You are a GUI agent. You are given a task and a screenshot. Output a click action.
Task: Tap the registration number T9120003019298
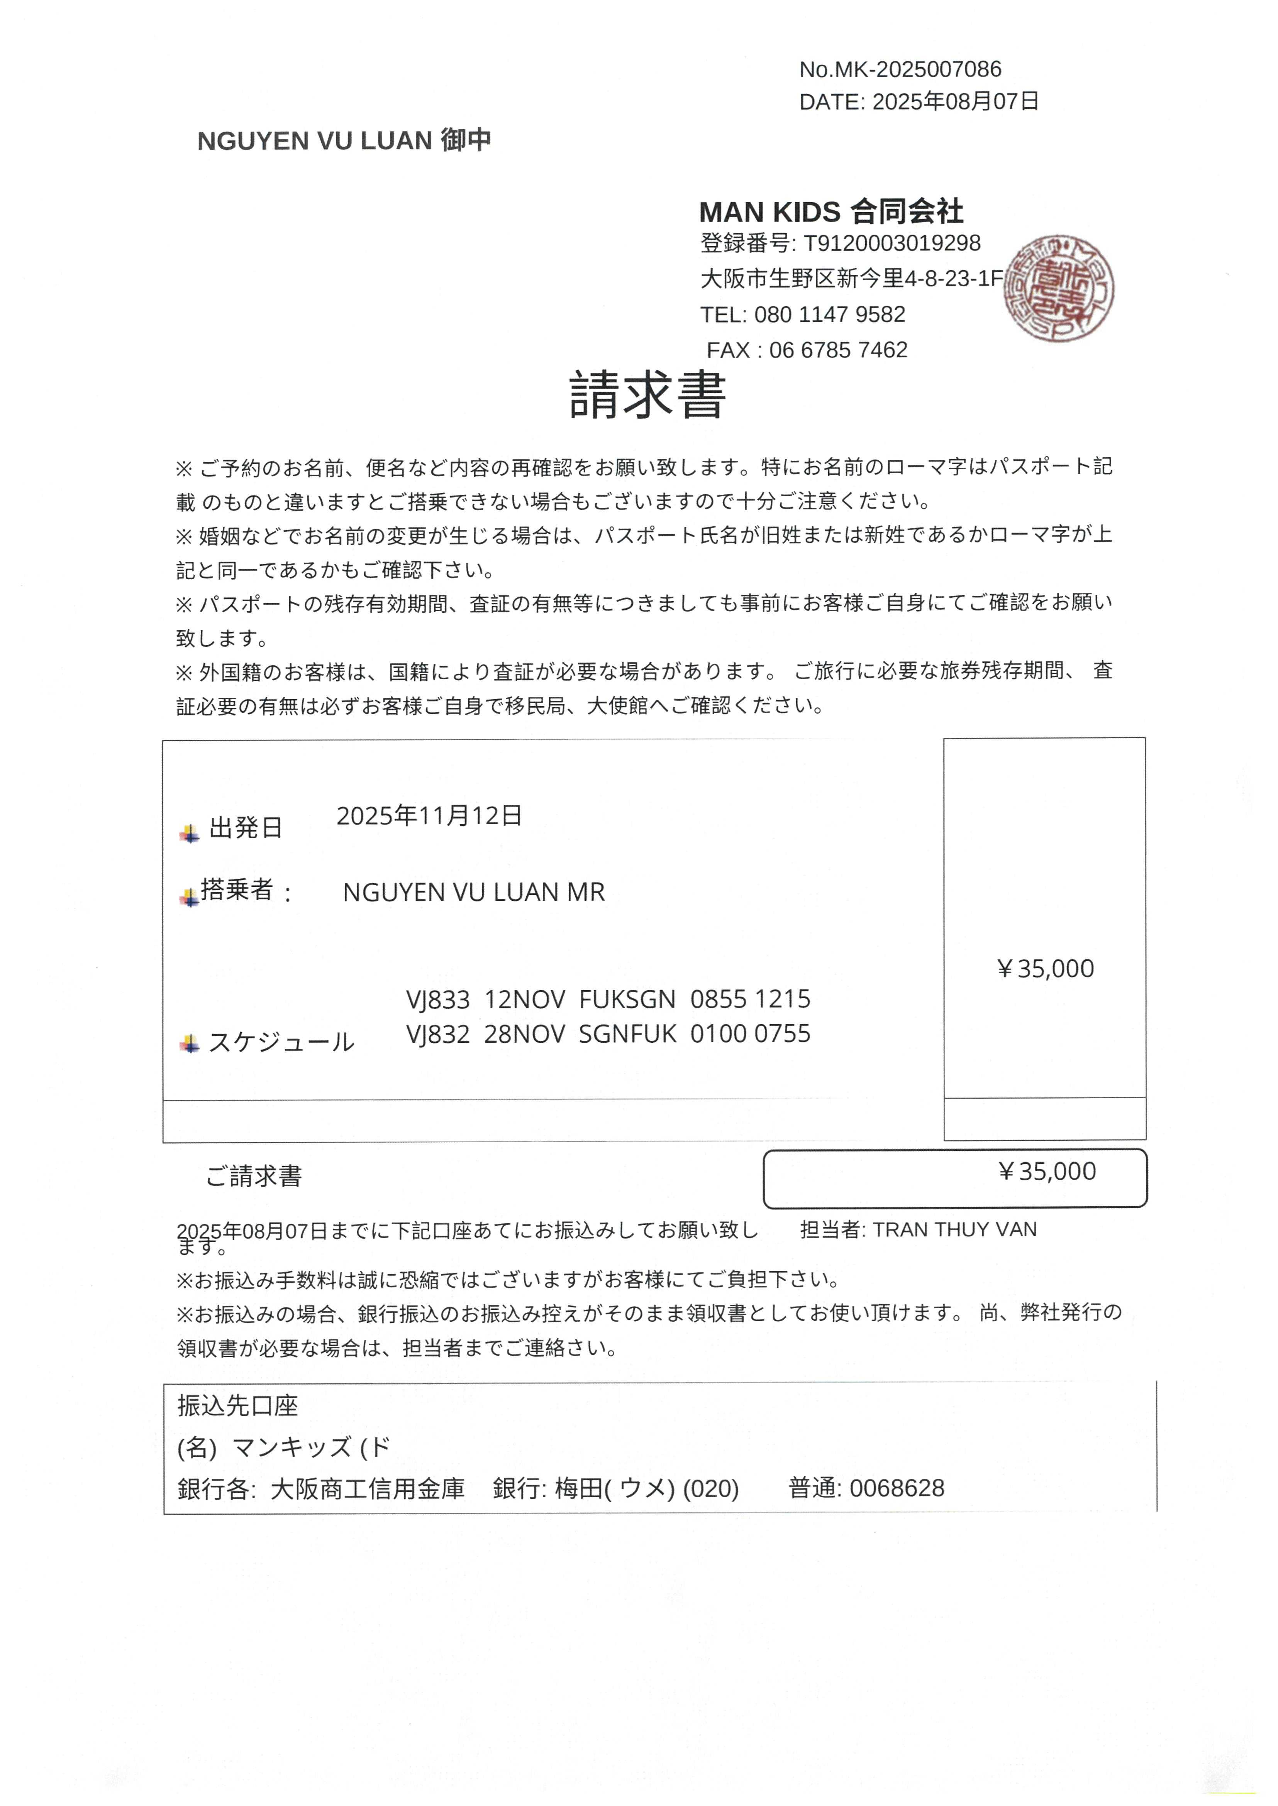click(x=892, y=243)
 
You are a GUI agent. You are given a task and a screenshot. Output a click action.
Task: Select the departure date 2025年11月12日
click(x=429, y=816)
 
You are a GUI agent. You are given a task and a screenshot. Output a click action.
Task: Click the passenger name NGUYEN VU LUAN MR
click(x=474, y=892)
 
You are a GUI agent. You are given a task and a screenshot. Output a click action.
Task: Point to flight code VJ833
click(x=437, y=999)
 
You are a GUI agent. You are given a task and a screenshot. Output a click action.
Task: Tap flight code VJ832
click(x=437, y=1033)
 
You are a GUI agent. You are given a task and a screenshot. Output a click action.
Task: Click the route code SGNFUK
click(x=627, y=1033)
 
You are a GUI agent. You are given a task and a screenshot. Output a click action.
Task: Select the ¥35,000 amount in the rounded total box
click(x=1047, y=1171)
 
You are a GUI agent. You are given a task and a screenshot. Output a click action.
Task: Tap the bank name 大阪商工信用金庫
click(x=368, y=1488)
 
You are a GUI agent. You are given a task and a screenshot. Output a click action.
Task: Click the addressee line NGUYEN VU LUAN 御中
click(x=344, y=141)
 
